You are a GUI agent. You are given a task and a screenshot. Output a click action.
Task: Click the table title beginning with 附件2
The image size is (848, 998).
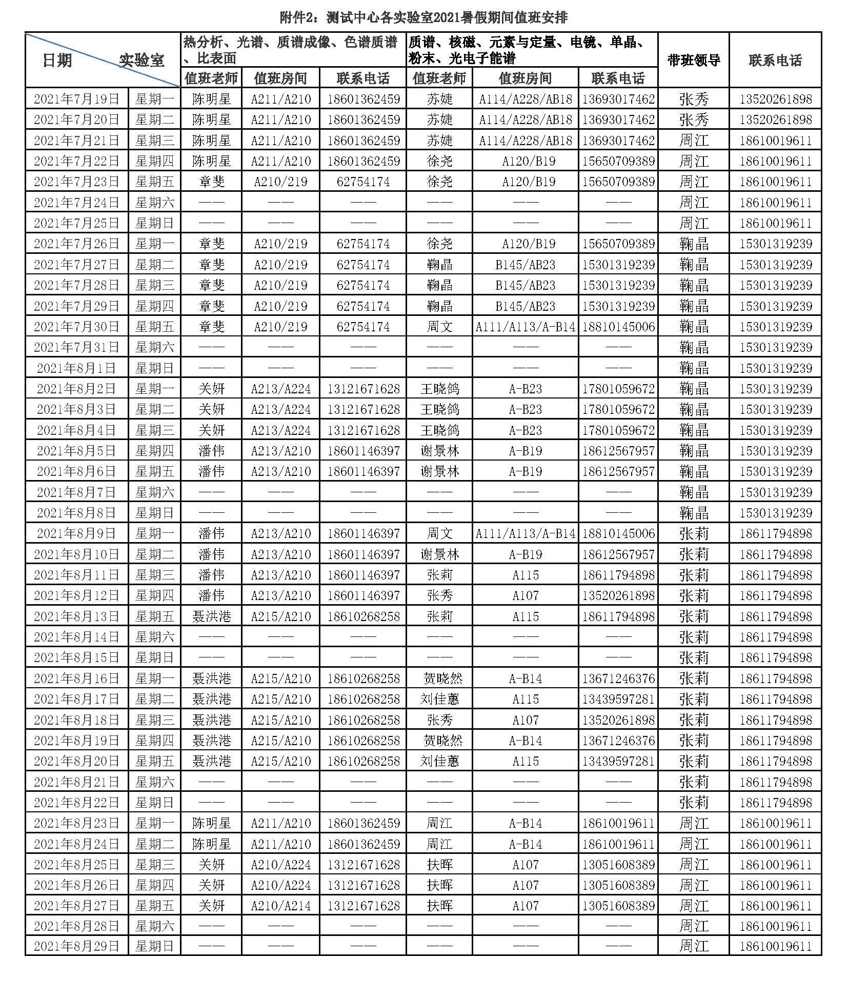(x=423, y=17)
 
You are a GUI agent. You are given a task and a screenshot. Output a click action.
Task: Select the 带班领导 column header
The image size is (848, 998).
(x=693, y=60)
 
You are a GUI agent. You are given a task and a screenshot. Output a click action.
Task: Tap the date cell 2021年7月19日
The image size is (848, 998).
(x=76, y=98)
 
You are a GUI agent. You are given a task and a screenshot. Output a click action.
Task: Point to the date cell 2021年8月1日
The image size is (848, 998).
(x=76, y=368)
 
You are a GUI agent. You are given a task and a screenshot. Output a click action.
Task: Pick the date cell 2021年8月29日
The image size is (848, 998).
(x=76, y=946)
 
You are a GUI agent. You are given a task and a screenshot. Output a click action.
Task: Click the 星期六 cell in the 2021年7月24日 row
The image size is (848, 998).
(x=154, y=202)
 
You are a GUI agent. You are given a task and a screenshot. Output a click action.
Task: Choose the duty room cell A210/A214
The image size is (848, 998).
(x=280, y=905)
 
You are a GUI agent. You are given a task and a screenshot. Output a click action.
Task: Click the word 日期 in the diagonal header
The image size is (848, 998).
(x=57, y=61)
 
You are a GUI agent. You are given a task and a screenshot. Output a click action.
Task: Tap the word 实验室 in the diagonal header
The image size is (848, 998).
(x=142, y=61)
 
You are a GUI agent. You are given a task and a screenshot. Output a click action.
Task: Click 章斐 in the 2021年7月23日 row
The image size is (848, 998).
(x=211, y=182)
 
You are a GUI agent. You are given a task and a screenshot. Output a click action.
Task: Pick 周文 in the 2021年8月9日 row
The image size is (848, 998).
(x=439, y=533)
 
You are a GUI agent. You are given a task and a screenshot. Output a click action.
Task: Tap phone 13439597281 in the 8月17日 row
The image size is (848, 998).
(x=618, y=699)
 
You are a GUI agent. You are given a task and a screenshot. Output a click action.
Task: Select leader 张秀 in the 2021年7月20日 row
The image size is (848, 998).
(x=693, y=119)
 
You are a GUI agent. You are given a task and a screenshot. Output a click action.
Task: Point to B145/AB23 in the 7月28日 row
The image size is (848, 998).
(x=525, y=285)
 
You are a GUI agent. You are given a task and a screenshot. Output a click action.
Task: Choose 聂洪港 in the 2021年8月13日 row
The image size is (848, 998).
(x=211, y=616)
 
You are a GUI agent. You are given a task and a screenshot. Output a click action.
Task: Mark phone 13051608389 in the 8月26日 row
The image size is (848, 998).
(x=618, y=885)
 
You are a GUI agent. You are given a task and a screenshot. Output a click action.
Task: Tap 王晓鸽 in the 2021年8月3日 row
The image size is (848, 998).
(x=439, y=409)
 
